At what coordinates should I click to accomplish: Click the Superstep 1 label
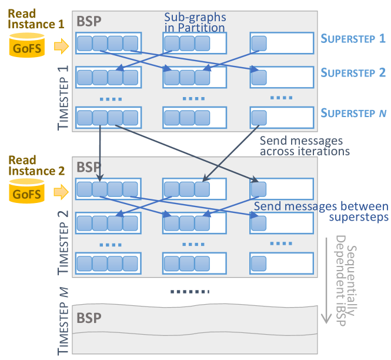click(353, 39)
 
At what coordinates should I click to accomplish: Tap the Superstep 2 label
click(353, 73)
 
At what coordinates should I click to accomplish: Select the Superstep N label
click(353, 113)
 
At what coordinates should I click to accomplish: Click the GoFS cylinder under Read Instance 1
click(27, 45)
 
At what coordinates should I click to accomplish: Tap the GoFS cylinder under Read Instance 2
click(26, 191)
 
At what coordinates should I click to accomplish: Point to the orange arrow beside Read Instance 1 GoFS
click(61, 46)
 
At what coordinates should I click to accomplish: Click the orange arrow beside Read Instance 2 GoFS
click(61, 192)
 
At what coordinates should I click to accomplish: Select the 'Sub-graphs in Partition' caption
click(195, 22)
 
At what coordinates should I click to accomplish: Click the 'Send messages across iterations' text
click(305, 146)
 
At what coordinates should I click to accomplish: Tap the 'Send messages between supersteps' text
click(321, 212)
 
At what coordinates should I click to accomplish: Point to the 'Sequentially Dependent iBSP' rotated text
click(346, 281)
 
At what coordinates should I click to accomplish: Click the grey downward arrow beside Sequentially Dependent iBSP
click(326, 281)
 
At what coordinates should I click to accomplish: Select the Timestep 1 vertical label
click(63, 98)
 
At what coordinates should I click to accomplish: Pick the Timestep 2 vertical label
click(63, 242)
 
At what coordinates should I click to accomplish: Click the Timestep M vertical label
click(63, 321)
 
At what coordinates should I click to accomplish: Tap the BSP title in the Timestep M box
click(89, 318)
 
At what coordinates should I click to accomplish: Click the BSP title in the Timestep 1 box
click(89, 21)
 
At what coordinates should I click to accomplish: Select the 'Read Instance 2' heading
click(36, 166)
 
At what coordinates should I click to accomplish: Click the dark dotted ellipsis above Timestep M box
click(190, 291)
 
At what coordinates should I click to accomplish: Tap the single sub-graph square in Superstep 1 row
click(259, 44)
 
